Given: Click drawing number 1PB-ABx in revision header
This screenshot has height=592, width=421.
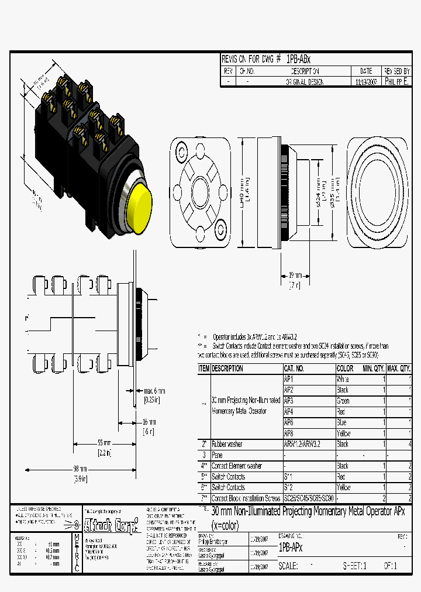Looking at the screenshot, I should pos(299,60).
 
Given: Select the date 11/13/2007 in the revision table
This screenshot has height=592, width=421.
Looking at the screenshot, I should pos(367,82).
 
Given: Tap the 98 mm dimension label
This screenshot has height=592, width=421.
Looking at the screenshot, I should pos(80,469).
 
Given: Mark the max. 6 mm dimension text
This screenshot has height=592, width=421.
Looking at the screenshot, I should pos(154,391).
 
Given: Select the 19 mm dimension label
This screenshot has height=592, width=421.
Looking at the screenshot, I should pos(295,274).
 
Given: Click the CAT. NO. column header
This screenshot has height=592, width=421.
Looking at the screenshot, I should pos(294,369).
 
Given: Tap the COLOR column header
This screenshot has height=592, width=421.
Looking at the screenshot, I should pos(345,369).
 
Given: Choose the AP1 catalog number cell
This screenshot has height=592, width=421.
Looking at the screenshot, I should pos(288,379).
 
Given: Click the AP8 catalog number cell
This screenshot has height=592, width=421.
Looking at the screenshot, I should pos(288,433).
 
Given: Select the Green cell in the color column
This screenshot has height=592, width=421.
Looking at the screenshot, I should pos(343,401).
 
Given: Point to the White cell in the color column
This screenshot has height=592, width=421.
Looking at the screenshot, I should pos(343,379).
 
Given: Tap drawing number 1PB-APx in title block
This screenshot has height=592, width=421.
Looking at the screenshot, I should pos(291,548).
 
